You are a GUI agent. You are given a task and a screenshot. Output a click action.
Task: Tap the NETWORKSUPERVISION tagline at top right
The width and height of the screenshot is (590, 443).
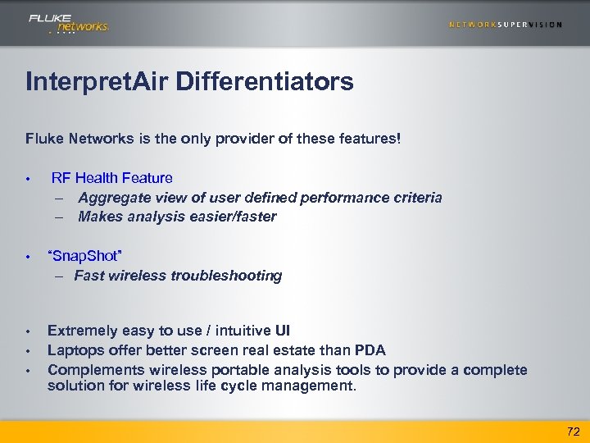(506, 25)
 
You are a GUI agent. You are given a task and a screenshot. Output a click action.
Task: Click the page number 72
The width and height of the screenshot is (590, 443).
(572, 432)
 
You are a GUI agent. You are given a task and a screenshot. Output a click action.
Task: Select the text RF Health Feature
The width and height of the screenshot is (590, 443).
(111, 177)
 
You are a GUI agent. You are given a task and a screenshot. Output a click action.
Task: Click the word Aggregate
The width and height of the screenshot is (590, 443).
(112, 197)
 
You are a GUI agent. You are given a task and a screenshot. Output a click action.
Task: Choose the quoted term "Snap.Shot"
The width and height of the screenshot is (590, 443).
(85, 256)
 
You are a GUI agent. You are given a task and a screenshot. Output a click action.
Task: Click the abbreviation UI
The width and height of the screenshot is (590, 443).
(283, 331)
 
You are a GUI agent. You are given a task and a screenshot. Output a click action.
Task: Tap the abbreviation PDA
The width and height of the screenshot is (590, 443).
(369, 350)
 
